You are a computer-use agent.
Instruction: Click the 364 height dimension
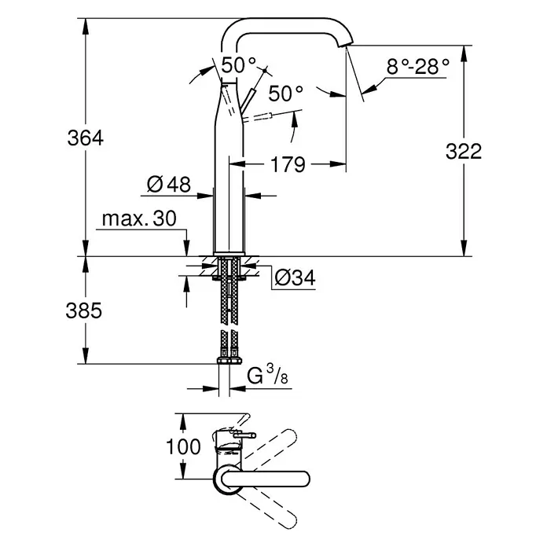pyautogui.click(x=86, y=138)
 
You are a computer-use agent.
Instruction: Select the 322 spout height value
pyautogui.click(x=464, y=152)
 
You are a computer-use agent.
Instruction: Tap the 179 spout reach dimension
pyautogui.click(x=288, y=165)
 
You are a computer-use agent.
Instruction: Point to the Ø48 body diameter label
pyautogui.click(x=169, y=184)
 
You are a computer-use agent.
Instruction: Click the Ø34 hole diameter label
pyautogui.click(x=295, y=278)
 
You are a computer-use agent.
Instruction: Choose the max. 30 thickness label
pyautogui.click(x=139, y=218)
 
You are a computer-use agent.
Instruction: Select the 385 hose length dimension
pyautogui.click(x=84, y=310)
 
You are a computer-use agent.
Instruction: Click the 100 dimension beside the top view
pyautogui.click(x=183, y=446)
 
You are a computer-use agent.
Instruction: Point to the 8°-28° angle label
pyautogui.click(x=418, y=66)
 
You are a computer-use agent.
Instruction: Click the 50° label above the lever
pyautogui.click(x=239, y=65)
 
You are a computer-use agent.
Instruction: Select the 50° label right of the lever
pyautogui.click(x=286, y=94)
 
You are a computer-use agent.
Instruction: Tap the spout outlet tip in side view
pyautogui.click(x=346, y=44)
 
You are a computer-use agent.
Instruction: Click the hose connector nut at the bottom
pyautogui.click(x=229, y=361)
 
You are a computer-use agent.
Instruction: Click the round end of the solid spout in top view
pyautogui.click(x=304, y=479)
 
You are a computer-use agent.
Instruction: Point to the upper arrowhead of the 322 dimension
pyautogui.click(x=464, y=53)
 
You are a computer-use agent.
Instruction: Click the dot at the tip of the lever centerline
pyautogui.click(x=265, y=71)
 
